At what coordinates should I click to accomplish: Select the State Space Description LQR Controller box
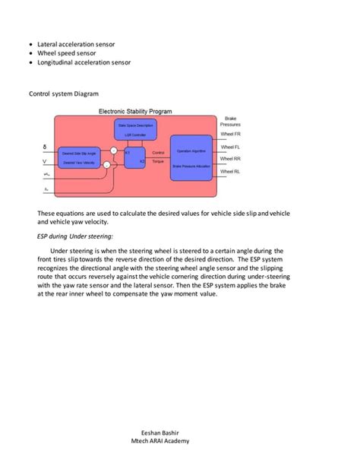click(135, 128)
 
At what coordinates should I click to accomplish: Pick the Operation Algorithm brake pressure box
click(191, 157)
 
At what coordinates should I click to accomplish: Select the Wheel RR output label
click(230, 159)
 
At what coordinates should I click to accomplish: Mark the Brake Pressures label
click(230, 122)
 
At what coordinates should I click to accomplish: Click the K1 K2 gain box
click(133, 157)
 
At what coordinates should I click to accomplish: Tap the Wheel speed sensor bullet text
click(65, 54)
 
